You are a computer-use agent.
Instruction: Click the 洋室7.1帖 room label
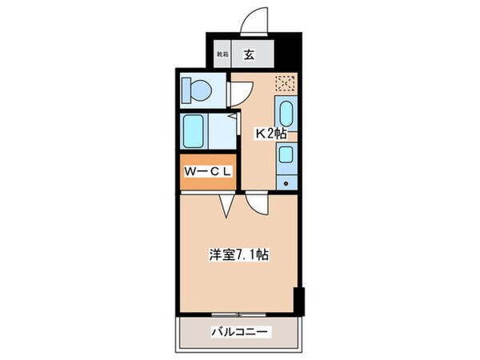click(239, 256)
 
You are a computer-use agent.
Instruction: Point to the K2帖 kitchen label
click(270, 134)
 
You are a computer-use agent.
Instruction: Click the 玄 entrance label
click(249, 55)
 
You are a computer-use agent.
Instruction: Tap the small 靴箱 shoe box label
click(222, 55)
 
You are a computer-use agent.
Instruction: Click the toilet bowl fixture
click(197, 90)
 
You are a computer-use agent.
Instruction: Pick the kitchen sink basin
click(286, 111)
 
